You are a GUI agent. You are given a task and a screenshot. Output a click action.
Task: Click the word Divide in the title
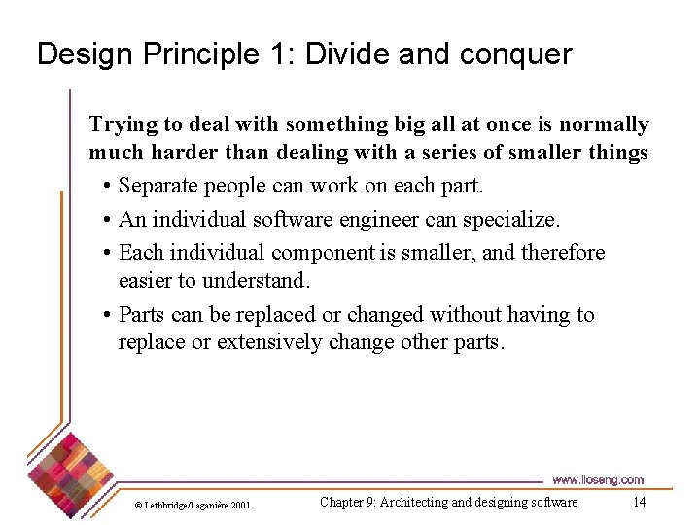point(347,54)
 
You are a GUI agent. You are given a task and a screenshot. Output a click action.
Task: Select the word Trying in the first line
point(121,125)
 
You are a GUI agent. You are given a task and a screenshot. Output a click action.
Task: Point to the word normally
point(604,125)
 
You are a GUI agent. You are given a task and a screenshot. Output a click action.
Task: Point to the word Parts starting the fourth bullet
point(143,315)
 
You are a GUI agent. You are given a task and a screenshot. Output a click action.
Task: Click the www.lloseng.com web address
point(597,479)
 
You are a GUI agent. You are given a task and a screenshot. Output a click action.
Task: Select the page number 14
point(639,502)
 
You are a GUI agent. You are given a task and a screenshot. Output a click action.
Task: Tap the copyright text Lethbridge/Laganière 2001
point(192,505)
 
